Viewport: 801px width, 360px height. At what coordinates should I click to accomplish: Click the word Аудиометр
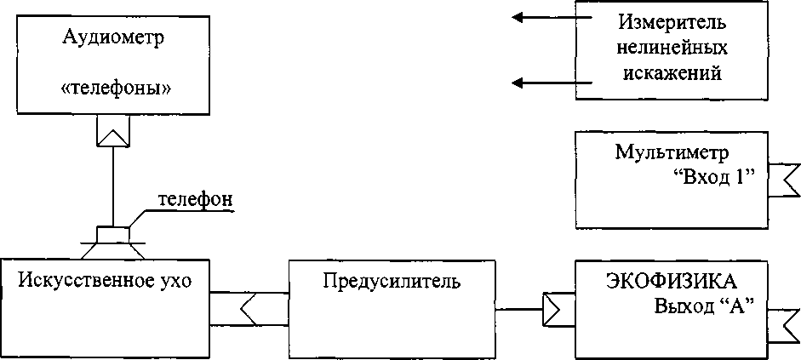pyautogui.click(x=113, y=38)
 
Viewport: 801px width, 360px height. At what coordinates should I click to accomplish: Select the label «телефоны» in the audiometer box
pyautogui.click(x=113, y=89)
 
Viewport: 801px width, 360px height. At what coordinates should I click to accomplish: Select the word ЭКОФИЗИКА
pyautogui.click(x=671, y=282)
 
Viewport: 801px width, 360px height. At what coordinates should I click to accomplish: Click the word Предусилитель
pyautogui.click(x=392, y=281)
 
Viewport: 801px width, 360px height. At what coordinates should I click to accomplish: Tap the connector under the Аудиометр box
pyautogui.click(x=112, y=130)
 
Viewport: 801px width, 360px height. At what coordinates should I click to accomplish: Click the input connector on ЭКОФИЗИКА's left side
pyautogui.click(x=558, y=310)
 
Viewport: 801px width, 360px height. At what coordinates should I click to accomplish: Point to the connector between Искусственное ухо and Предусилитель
pyautogui.click(x=249, y=307)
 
